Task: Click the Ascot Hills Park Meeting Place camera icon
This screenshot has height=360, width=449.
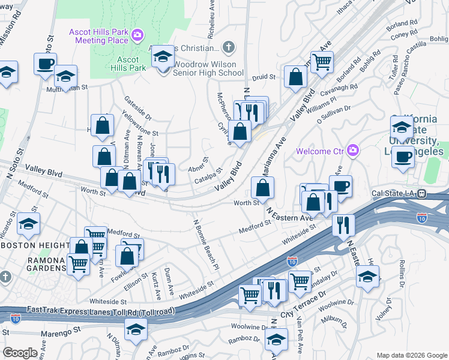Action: (x=137, y=35)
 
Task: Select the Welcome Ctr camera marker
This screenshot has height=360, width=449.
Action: (x=354, y=150)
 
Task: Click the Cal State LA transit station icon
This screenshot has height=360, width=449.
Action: (x=422, y=194)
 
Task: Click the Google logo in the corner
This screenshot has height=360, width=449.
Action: (x=19, y=353)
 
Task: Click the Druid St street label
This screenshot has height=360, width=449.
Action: (x=263, y=77)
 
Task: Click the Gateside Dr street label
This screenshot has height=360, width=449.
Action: (x=137, y=108)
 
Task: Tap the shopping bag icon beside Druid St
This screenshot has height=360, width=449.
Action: (x=296, y=77)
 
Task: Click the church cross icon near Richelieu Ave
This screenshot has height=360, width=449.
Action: (x=228, y=47)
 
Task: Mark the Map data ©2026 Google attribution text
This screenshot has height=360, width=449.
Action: (x=412, y=355)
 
